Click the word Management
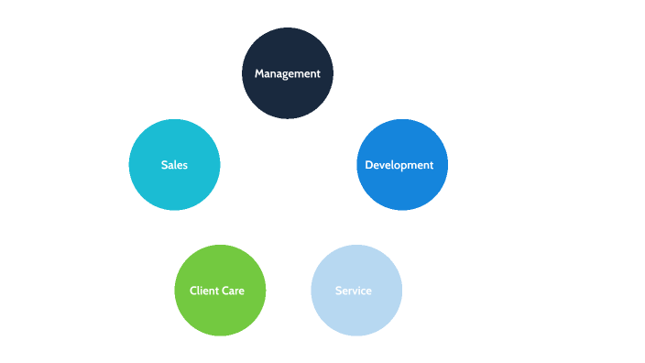point(288,74)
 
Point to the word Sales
point(174,165)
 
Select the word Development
point(399,165)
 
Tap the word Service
point(354,291)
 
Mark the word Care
point(234,291)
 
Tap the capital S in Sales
point(164,165)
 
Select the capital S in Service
point(338,291)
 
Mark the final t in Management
point(318,74)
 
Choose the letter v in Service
point(357,291)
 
